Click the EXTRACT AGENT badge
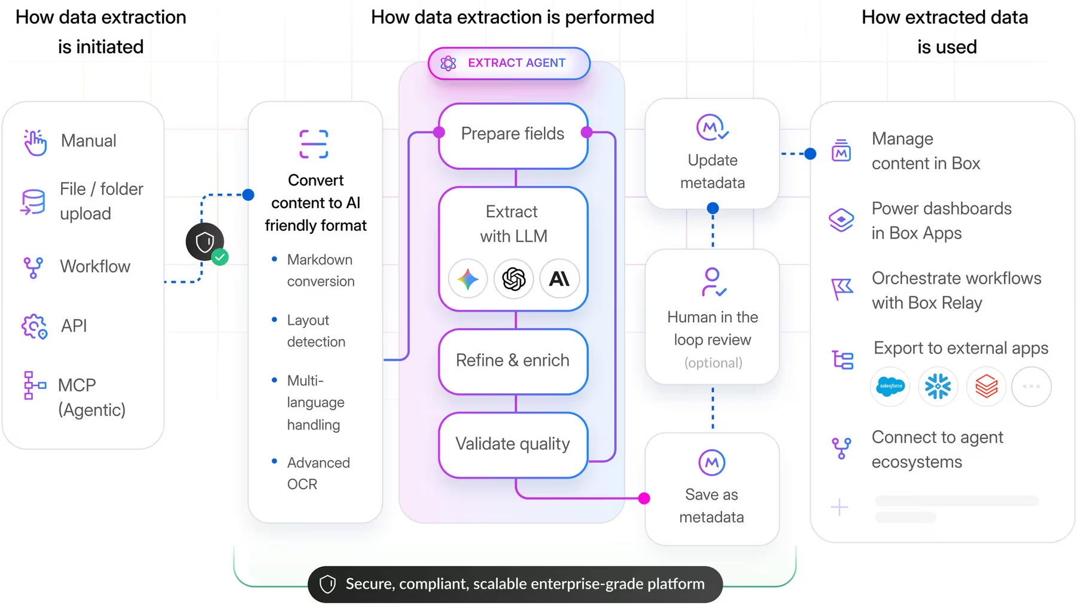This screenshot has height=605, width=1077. (x=509, y=63)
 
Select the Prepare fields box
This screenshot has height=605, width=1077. (x=513, y=134)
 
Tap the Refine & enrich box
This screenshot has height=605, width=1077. (x=513, y=361)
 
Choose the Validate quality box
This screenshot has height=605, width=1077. (x=513, y=444)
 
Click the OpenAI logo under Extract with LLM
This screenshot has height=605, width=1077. (x=513, y=279)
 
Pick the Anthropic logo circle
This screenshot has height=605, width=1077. (x=559, y=279)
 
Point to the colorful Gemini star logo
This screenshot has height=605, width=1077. (x=468, y=279)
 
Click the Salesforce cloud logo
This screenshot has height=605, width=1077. (x=890, y=387)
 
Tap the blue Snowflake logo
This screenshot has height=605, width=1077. (x=938, y=387)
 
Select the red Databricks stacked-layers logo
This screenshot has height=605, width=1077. (x=986, y=387)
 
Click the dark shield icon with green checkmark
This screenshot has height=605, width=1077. (x=206, y=242)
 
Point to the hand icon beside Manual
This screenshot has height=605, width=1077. (x=35, y=142)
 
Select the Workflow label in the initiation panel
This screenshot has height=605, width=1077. (x=95, y=266)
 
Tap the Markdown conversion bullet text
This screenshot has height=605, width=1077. (x=320, y=270)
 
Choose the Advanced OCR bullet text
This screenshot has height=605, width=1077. (x=318, y=473)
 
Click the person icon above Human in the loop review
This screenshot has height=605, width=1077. (x=713, y=282)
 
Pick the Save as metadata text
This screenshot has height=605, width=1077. (x=711, y=506)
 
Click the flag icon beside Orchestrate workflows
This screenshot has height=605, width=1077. (x=842, y=290)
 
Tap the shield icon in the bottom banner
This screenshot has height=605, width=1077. (x=328, y=584)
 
